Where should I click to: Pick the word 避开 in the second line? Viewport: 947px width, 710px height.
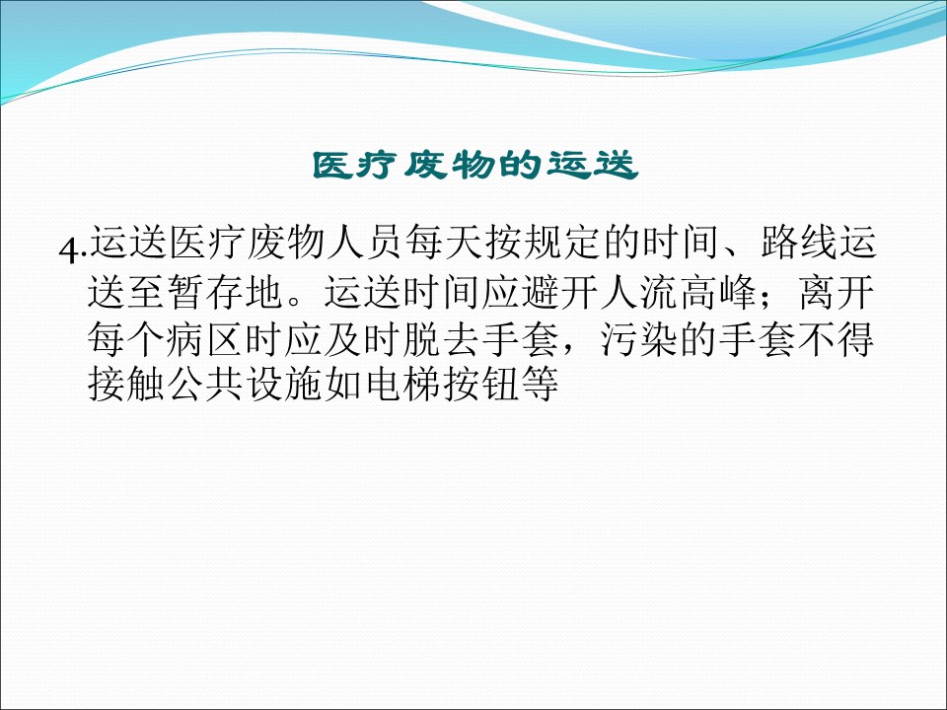pos(561,292)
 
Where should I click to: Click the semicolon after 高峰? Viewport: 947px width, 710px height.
pos(768,297)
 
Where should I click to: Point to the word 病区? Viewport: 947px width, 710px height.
pos(206,338)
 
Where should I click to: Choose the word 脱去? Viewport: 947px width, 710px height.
pos(443,338)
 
